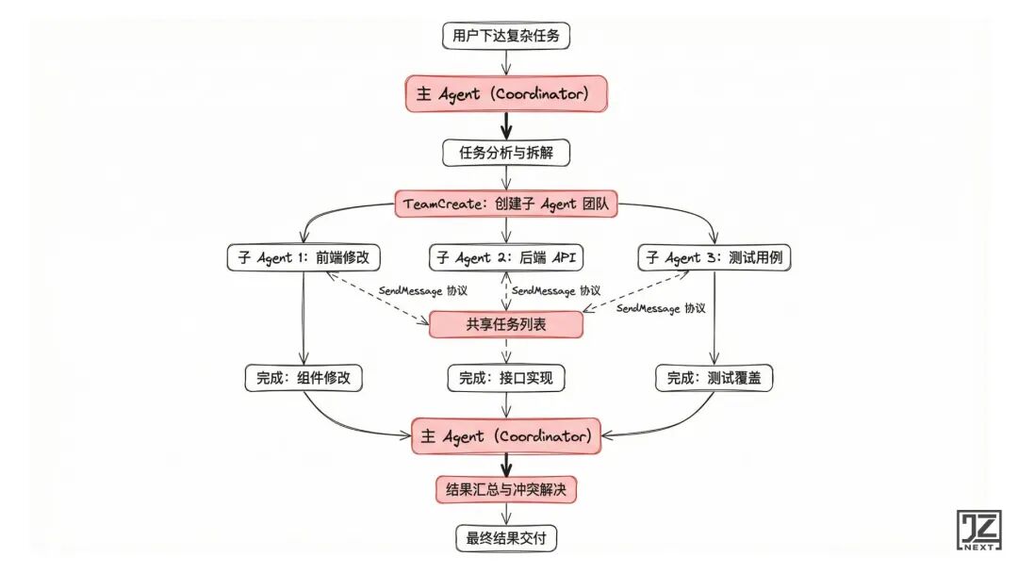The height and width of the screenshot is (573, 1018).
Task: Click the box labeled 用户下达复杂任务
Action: (x=508, y=37)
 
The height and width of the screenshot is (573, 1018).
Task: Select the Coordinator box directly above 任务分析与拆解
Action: (x=508, y=94)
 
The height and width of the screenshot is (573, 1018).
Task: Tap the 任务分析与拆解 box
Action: (x=508, y=152)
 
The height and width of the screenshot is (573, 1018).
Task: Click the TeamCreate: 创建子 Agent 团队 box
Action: (x=508, y=204)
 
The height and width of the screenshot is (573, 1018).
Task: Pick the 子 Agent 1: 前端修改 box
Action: (x=303, y=257)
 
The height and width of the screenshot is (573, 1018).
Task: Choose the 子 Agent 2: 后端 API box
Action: (x=508, y=257)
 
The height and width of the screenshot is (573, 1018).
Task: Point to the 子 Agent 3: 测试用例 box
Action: (x=714, y=257)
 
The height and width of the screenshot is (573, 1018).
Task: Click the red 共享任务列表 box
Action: (x=506, y=324)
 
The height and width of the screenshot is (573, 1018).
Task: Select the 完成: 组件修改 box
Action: (x=303, y=379)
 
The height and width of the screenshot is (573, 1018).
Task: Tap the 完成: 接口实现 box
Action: (x=506, y=379)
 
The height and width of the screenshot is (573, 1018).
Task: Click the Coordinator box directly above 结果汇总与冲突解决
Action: (x=506, y=436)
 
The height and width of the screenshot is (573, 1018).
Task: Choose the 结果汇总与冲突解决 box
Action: (x=506, y=490)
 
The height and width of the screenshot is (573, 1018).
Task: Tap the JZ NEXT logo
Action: (x=978, y=532)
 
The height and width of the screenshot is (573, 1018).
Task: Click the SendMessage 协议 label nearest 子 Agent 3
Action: (x=661, y=308)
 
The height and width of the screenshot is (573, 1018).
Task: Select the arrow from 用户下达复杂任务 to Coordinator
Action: (x=508, y=62)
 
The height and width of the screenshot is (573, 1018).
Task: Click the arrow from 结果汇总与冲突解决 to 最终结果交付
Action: (x=507, y=516)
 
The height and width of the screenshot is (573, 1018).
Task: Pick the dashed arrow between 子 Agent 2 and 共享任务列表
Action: (x=508, y=291)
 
